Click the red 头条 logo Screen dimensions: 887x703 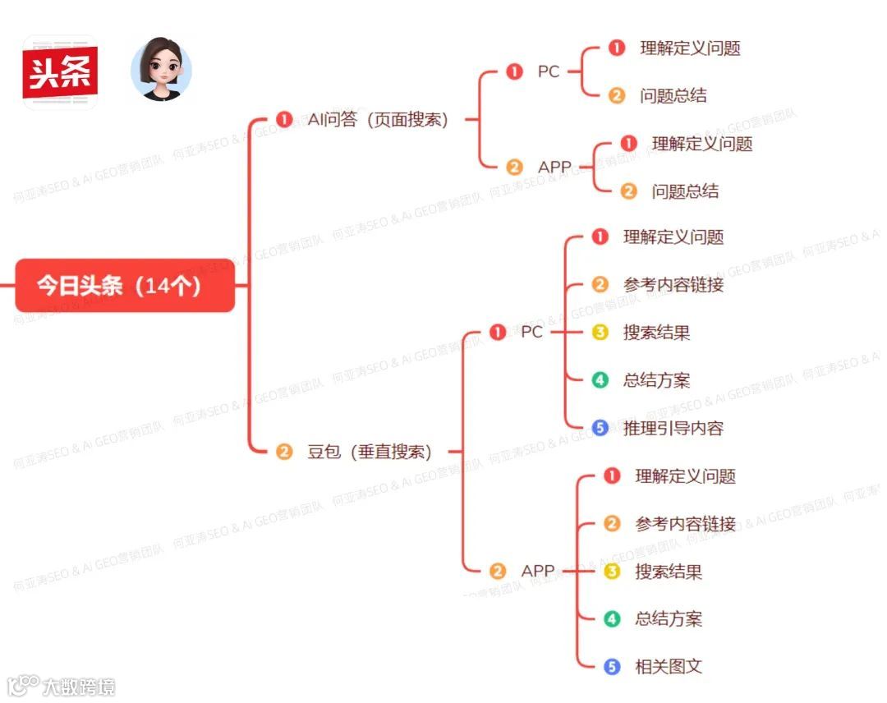tap(60, 72)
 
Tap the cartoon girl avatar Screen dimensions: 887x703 tap(161, 70)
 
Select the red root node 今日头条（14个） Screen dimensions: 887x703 tap(125, 286)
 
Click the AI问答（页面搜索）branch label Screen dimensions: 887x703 tap(379, 120)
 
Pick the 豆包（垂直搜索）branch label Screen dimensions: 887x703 tap(370, 452)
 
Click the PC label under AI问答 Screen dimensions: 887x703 tap(549, 72)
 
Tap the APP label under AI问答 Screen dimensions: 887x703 tap(554, 168)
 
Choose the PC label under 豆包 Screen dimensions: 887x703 tap(531, 333)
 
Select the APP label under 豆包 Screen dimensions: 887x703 tap(537, 571)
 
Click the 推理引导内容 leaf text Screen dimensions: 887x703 tap(673, 428)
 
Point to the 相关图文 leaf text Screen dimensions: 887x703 tap(669, 666)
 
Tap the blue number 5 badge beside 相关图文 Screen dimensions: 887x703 tap(612, 666)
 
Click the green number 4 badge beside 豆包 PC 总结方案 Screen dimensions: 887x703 tap(600, 380)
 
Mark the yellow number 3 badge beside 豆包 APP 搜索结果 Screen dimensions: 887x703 tap(612, 571)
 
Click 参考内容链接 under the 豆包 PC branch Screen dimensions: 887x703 tap(673, 285)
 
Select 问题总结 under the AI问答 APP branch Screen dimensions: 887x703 tap(685, 191)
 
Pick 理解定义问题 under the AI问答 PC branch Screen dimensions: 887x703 tap(690, 48)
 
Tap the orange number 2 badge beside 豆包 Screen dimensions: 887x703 tap(284, 452)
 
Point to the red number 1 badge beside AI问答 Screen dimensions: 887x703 tap(284, 120)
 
